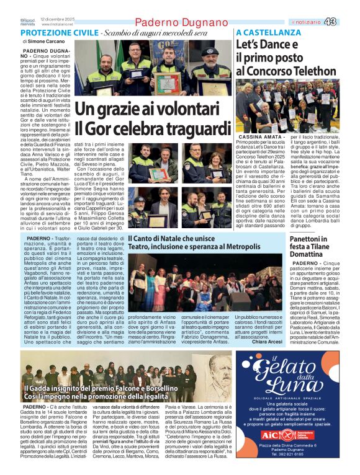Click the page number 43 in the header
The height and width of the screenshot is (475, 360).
[x=348, y=22]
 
